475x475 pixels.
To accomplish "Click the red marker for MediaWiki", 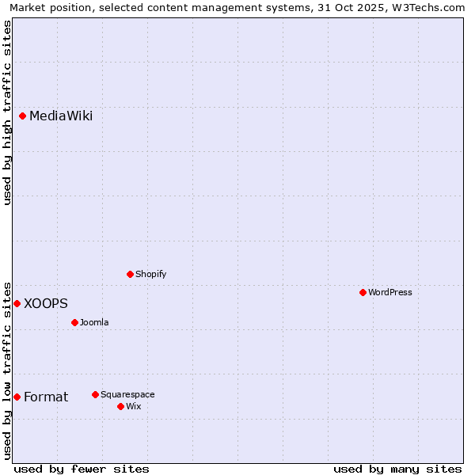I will coord(23,116).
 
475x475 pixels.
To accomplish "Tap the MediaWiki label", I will coord(61,116).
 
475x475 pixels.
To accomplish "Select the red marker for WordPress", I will coord(363,292).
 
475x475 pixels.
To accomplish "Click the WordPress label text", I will coord(390,292).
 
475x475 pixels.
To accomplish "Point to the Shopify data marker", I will coord(131,274).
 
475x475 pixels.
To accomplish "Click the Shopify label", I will coord(151,274).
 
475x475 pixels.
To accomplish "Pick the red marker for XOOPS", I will coord(17,303).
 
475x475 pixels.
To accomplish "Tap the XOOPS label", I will coord(46,303).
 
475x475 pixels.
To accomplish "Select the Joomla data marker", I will coord(75,322).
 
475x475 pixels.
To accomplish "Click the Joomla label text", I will coord(94,322).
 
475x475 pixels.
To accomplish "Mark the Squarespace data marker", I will coord(96,394).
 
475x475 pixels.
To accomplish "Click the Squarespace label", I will coord(127,394).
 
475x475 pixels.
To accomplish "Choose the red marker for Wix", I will coord(121,406).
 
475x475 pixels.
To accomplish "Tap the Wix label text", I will coord(134,406).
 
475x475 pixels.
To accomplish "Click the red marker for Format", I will coord(17,397).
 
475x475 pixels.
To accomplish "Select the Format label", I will coord(46,397).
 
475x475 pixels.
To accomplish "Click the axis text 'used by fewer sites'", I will coord(82,469).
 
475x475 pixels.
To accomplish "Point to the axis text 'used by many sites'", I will coord(397,469).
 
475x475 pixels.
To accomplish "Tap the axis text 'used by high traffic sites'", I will coord(7,112).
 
